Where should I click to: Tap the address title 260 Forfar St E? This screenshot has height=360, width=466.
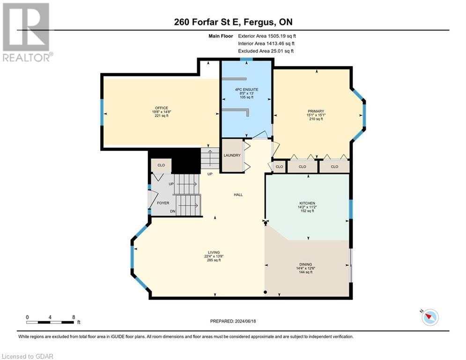click(x=233, y=22)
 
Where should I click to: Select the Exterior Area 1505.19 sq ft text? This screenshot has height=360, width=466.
click(x=267, y=36)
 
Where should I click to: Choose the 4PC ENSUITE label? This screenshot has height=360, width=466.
click(x=246, y=89)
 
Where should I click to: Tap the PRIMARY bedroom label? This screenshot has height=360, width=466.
click(x=316, y=112)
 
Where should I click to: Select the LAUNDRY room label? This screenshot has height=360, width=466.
click(x=232, y=156)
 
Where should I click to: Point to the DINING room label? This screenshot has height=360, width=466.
click(x=305, y=264)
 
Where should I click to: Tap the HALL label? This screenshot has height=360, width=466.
click(x=238, y=195)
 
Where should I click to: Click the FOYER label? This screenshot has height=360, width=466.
click(x=163, y=203)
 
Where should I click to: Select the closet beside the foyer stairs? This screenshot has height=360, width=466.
click(x=161, y=165)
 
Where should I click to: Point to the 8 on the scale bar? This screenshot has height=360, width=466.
click(x=74, y=317)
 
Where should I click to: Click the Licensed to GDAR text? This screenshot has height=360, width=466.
click(x=28, y=356)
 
